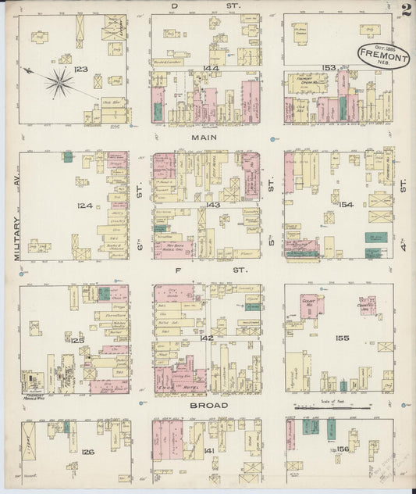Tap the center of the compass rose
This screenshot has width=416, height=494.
tap(59, 81)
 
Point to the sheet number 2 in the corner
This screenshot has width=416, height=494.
tap(405, 10)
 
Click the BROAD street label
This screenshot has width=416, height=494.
tap(208, 406)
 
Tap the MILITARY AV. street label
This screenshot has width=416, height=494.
tap(20, 234)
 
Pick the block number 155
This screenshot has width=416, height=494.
tap(341, 338)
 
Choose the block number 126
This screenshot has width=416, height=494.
tap(87, 452)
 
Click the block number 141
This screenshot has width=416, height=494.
tap(208, 452)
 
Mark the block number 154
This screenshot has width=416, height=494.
tap(346, 205)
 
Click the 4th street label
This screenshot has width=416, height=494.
tap(404, 187)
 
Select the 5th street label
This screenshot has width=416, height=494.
tap(272, 187)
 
